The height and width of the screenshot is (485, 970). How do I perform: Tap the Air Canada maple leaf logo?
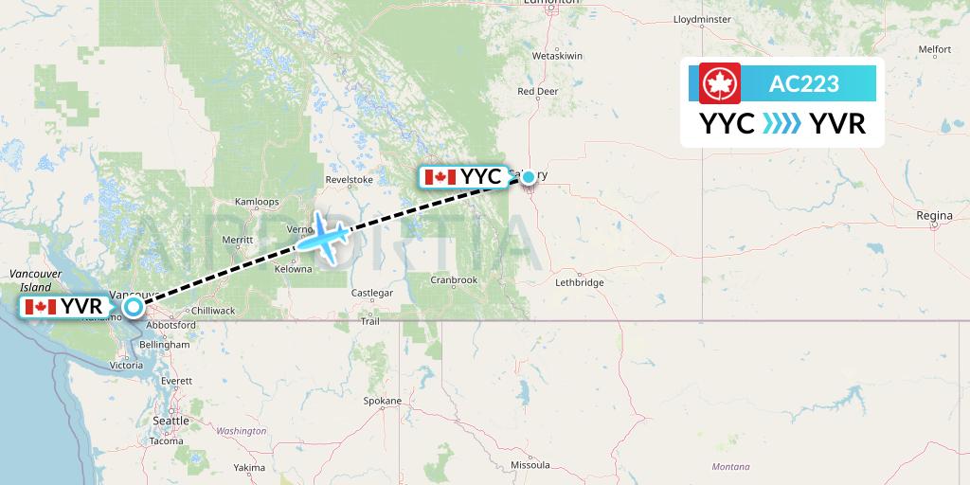[x=720, y=83]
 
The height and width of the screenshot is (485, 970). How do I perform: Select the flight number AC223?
[x=803, y=83]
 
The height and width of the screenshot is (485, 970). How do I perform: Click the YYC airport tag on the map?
[x=463, y=177]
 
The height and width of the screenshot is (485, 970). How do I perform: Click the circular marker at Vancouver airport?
[x=133, y=306]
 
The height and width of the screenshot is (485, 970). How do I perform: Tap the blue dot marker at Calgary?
[x=529, y=176]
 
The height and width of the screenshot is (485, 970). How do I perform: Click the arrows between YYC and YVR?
[x=781, y=124]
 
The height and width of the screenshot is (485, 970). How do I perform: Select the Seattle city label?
[x=171, y=421]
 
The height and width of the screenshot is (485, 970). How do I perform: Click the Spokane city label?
[x=383, y=401]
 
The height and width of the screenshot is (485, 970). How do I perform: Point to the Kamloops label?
[x=257, y=202]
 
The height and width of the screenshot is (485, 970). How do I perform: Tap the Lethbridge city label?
[x=579, y=282]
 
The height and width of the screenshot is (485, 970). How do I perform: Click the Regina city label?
[x=934, y=216]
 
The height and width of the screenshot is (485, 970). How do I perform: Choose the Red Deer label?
[x=538, y=92]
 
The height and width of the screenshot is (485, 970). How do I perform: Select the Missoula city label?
[x=530, y=465]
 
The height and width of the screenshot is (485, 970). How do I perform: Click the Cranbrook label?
[x=453, y=279]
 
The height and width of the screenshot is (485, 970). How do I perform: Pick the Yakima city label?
[x=250, y=468]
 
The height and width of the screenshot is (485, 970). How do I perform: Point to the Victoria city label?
[x=127, y=365]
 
